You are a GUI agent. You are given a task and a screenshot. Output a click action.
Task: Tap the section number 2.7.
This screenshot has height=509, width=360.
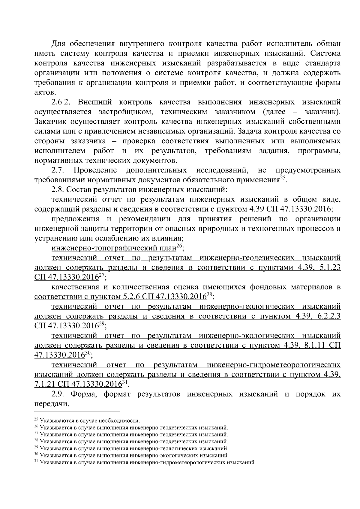58,171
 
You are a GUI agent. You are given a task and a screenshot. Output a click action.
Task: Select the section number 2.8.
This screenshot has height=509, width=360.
58,190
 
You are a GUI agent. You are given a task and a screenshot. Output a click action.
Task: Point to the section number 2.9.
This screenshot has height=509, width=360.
58,394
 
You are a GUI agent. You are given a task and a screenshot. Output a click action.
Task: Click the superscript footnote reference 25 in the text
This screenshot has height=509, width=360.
283,178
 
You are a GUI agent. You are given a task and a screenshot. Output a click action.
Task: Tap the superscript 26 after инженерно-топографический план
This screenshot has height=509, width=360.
179,246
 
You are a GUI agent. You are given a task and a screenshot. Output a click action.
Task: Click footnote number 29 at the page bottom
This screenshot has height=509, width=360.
37,448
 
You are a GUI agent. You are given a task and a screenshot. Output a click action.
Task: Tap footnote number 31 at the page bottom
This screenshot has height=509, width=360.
37,462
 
